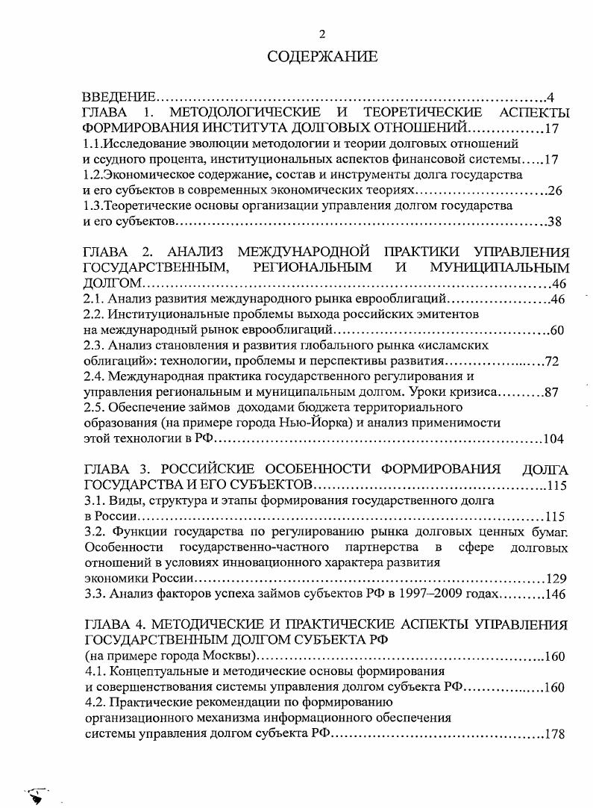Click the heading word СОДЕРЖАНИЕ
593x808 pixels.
(x=322, y=57)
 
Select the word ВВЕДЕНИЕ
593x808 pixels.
(x=118, y=98)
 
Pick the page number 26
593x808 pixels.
(x=554, y=190)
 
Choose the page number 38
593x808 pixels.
(x=554, y=222)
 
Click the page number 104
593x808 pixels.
(x=553, y=439)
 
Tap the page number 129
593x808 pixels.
(x=556, y=579)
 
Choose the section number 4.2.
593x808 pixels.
(x=95, y=703)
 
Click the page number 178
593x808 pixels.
(x=553, y=734)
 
